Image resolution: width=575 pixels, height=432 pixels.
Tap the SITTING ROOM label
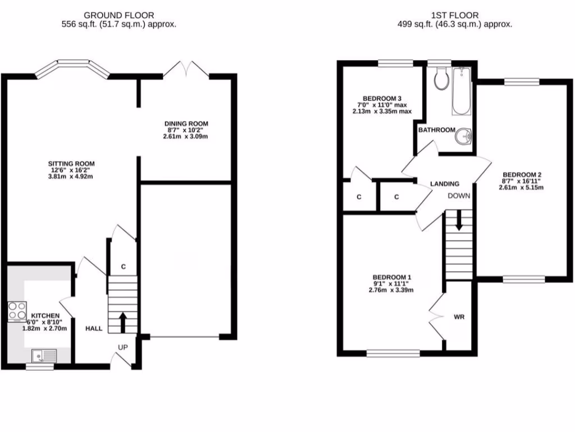[70, 164]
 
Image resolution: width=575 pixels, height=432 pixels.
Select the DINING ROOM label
[186, 124]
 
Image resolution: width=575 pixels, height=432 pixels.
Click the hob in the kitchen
[17, 310]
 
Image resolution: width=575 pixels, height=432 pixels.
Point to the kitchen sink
[43, 355]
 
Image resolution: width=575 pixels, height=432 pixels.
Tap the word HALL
[94, 328]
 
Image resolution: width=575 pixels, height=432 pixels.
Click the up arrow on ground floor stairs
[122, 322]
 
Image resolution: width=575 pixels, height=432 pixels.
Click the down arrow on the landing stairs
[459, 220]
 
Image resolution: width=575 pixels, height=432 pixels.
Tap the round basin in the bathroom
[463, 136]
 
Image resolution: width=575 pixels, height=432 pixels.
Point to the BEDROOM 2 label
[522, 174]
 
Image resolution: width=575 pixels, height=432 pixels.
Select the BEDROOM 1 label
[392, 277]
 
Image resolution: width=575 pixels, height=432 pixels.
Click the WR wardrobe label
[459, 317]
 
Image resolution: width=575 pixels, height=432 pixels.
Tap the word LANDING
[445, 184]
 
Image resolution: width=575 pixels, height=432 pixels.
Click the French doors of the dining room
[186, 70]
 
